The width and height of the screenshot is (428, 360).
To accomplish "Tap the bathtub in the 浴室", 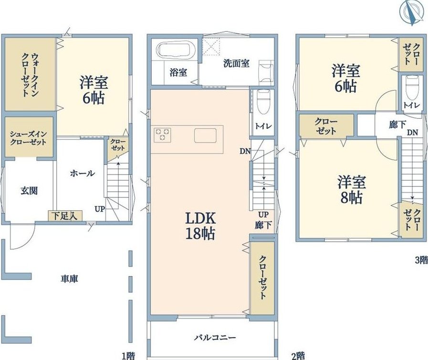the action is [177, 50].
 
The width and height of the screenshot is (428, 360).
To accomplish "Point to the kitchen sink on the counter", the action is [205, 135].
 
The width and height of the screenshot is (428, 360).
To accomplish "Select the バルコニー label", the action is [215, 338].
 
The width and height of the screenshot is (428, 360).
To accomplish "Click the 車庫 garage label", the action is [69, 279].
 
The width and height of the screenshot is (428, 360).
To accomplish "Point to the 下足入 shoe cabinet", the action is [65, 216].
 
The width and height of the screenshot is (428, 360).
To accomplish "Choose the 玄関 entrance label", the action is [29, 191].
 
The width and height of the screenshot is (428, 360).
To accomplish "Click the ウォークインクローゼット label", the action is [30, 75].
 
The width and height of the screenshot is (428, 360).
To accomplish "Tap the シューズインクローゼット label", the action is [28, 138].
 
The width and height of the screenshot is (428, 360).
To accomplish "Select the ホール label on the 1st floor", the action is [83, 173].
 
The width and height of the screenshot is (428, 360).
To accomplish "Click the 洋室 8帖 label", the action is [351, 190].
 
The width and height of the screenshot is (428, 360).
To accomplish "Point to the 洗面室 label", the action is [236, 63].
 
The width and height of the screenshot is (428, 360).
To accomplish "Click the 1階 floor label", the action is [128, 356].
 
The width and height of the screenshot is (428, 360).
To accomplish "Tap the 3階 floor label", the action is [421, 260].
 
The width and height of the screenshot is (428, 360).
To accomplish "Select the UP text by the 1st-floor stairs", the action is [100, 209].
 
